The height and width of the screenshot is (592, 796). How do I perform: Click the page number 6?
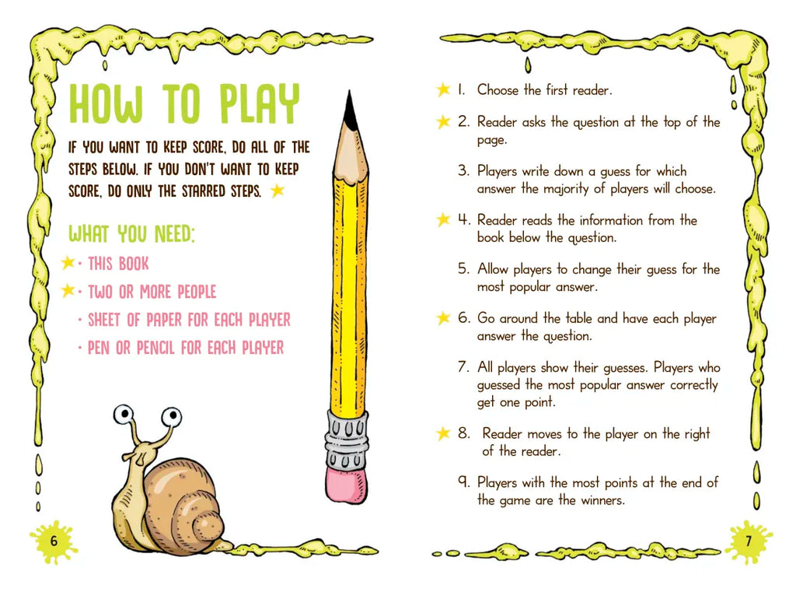54,540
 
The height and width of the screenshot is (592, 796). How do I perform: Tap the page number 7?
749,541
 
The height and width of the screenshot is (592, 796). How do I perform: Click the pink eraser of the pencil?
346,485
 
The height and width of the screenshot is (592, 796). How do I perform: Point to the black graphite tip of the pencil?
349,109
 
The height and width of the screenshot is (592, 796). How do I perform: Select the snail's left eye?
123,415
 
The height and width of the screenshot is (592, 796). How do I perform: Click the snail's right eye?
172,417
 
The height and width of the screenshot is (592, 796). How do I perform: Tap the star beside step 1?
443,89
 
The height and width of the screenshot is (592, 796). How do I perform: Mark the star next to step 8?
443,433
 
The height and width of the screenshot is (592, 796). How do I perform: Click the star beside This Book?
68,262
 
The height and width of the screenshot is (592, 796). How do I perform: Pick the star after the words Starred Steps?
278,191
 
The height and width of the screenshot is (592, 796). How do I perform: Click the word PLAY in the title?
260,103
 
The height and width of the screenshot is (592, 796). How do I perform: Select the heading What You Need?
131,233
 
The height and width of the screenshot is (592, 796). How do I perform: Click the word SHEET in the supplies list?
105,320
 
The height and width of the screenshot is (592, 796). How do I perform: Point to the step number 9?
463,482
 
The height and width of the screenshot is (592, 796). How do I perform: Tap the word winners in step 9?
602,500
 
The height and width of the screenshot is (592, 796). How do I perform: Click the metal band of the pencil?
346,439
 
